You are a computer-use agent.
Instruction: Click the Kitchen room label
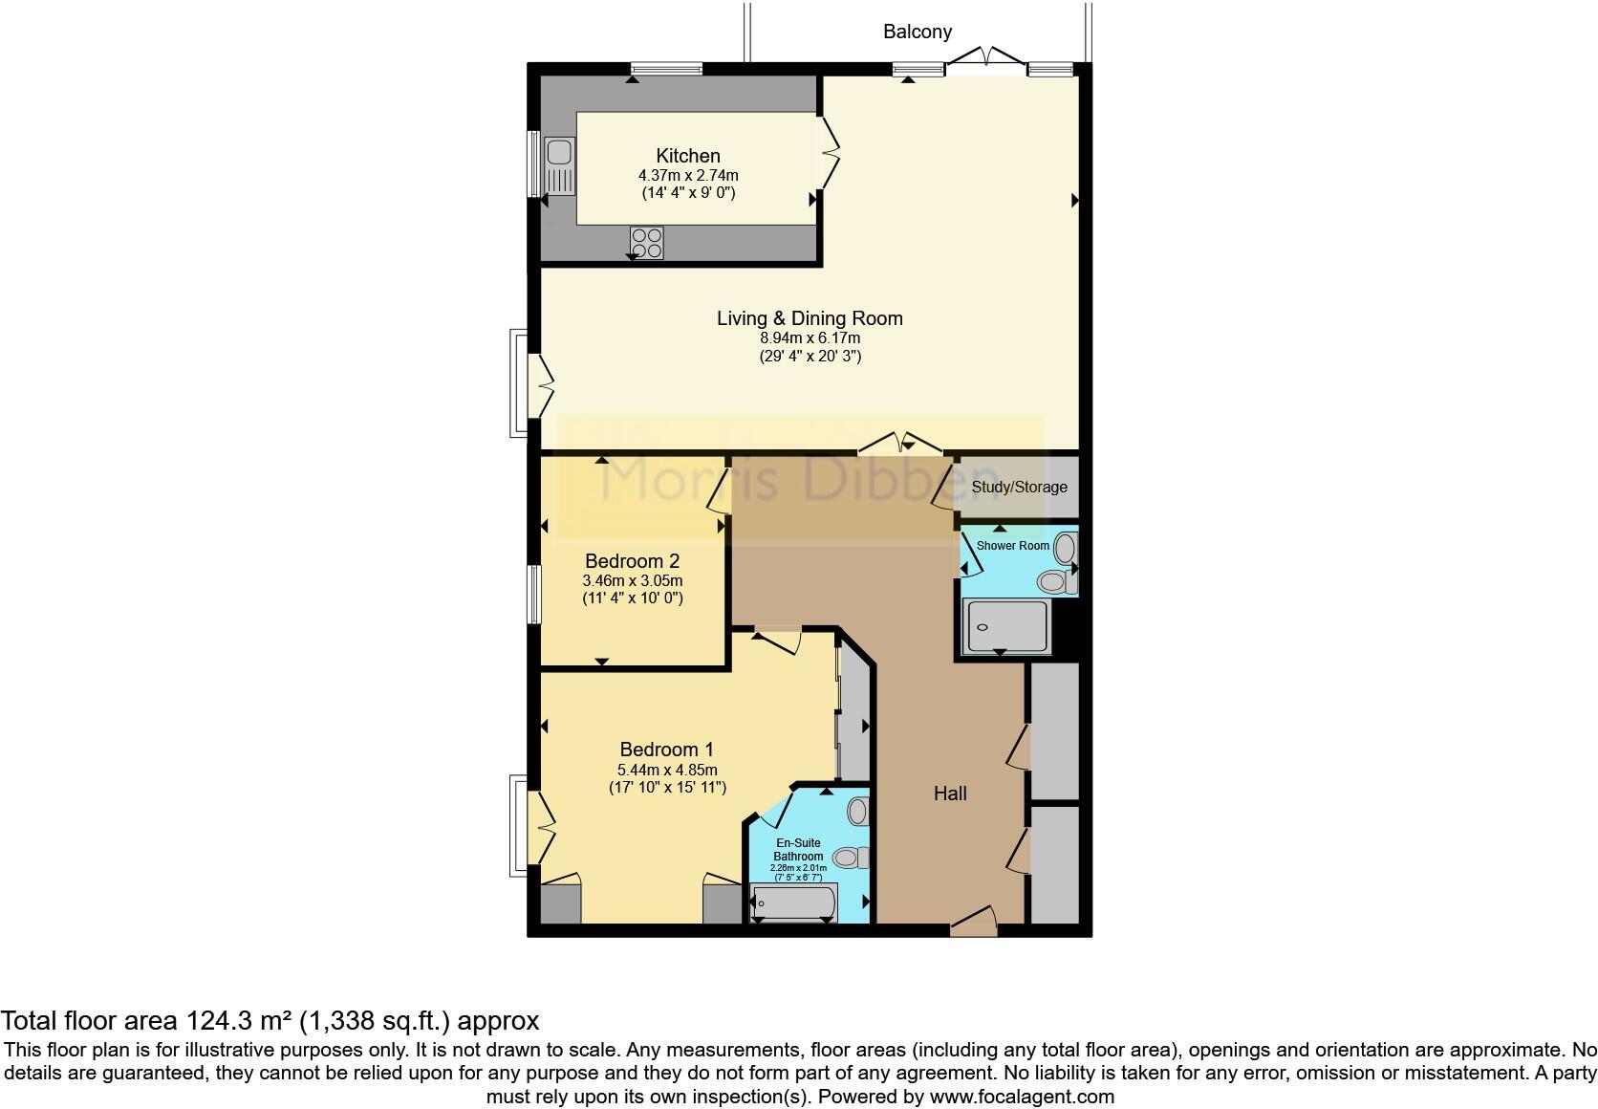click(687, 156)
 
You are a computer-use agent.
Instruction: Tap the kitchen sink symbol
click(559, 164)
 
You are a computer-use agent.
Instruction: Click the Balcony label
click(917, 32)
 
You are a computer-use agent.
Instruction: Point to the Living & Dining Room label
click(810, 318)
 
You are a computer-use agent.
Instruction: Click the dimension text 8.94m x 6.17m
click(810, 338)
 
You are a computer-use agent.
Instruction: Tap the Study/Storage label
click(1019, 487)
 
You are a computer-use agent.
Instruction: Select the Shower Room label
click(1012, 546)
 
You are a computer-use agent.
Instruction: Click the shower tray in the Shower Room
click(1005, 626)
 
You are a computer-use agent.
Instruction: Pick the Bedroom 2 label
click(632, 561)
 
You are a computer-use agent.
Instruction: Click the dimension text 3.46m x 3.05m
click(632, 580)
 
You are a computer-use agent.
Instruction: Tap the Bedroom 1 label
click(666, 750)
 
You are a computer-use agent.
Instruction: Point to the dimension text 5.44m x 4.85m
click(667, 770)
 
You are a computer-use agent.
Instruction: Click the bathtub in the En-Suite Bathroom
click(794, 902)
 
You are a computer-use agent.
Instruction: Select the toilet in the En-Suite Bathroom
click(849, 858)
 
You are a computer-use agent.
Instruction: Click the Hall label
click(950, 793)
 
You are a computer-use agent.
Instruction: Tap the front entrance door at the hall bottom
click(973, 922)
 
